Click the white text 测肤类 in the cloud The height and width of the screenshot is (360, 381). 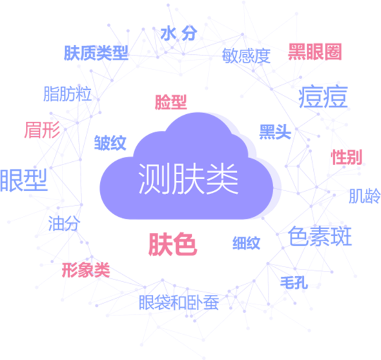pyautogui.click(x=188, y=179)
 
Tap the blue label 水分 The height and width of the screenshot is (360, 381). pyautogui.click(x=179, y=33)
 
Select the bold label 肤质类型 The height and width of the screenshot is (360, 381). pyautogui.click(x=96, y=53)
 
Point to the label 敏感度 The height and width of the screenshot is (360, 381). pyautogui.click(x=246, y=56)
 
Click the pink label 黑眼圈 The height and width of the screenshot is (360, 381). pyautogui.click(x=315, y=52)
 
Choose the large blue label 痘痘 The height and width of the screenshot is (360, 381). pyautogui.click(x=323, y=97)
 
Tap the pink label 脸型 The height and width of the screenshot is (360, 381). pyautogui.click(x=171, y=102)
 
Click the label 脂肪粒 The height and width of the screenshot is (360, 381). pyautogui.click(x=68, y=94)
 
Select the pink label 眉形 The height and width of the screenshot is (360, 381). pyautogui.click(x=42, y=130)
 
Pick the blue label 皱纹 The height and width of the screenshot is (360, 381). pyautogui.click(x=110, y=143)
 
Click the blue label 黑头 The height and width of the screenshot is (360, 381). pyautogui.click(x=275, y=132)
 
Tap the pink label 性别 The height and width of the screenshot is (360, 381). pyautogui.click(x=347, y=157)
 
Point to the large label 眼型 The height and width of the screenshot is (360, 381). pyautogui.click(x=23, y=181)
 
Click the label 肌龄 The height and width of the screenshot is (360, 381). pyautogui.click(x=365, y=196)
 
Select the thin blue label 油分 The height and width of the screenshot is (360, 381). pyautogui.click(x=64, y=223)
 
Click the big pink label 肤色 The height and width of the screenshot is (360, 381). pyautogui.click(x=173, y=245)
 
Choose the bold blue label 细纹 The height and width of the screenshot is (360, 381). pyautogui.click(x=247, y=243)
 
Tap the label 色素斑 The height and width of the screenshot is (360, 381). pyautogui.click(x=320, y=236)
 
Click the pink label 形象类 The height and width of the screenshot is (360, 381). pyautogui.click(x=86, y=270)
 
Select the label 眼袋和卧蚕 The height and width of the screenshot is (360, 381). pyautogui.click(x=179, y=303)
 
